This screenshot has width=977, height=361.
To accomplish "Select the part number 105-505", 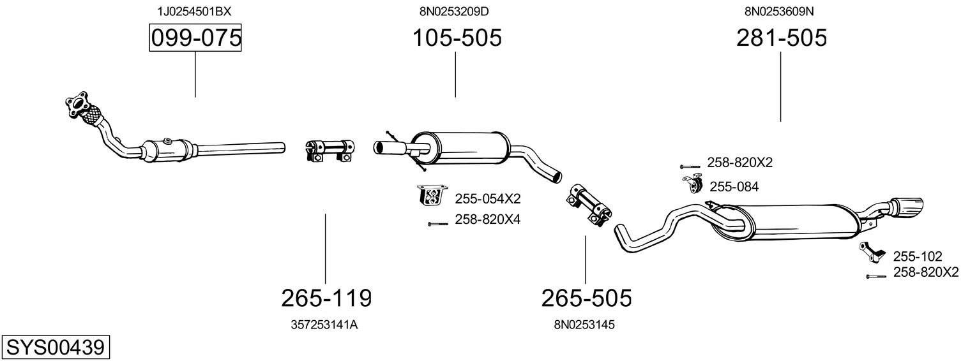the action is tap(456, 38).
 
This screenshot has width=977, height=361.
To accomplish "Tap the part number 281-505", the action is tap(781, 38).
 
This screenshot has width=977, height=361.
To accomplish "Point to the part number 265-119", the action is tap(326, 297).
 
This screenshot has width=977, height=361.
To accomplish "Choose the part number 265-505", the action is tap(586, 297).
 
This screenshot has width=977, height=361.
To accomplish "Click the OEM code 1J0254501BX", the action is tap(195, 11).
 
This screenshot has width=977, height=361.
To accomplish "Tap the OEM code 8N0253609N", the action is tap(780, 11).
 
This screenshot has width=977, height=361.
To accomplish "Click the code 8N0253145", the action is tap(584, 325).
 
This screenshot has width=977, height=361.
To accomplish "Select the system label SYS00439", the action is tap(55, 348).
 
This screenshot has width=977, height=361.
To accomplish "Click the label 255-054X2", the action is tap(488, 198).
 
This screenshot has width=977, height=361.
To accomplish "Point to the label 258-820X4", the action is tap(488, 219).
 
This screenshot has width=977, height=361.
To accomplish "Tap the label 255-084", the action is tap(734, 187).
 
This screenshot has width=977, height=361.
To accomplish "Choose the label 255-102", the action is tap(917, 256).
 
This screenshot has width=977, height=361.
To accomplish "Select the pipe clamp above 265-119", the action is tap(328, 150).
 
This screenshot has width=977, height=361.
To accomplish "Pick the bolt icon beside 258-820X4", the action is tap(438, 223).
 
